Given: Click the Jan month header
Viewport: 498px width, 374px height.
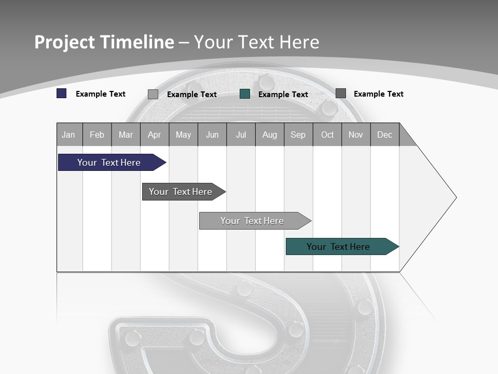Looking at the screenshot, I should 68,135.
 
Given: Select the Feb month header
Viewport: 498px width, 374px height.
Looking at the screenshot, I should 97,135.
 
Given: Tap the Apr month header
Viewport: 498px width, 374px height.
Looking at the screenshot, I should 154,135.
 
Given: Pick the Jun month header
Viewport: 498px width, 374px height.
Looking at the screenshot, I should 212,135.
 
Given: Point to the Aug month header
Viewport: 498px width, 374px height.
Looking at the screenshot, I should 269,135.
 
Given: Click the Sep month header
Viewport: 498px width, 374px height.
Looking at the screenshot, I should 298,135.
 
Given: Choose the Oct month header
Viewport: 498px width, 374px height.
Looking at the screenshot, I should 327,135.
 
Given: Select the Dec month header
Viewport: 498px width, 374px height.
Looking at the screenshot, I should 384,135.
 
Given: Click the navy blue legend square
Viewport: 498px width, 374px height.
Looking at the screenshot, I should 62,94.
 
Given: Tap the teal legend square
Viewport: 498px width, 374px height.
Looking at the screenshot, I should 245,94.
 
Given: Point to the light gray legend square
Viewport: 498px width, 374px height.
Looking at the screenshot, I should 153,94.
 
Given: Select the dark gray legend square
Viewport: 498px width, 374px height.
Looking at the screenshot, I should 341,94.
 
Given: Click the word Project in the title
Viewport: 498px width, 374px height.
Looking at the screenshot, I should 64,42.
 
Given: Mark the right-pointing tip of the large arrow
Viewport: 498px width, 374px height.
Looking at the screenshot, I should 455,197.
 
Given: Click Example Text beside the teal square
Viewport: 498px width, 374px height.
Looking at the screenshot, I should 283,95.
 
